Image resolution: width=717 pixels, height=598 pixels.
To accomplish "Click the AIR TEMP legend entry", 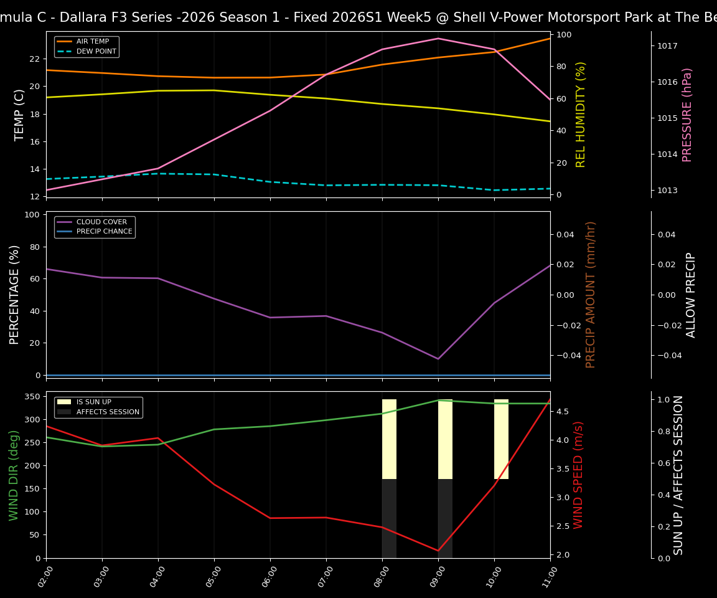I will (x=92, y=42).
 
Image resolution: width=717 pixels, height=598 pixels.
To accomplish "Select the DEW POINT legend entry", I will (x=96, y=52).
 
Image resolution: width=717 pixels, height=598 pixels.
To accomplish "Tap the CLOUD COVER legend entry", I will (x=101, y=222).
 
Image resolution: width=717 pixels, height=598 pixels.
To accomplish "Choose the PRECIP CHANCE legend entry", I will (x=104, y=232).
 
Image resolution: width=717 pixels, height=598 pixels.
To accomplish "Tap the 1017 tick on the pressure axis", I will (x=667, y=46).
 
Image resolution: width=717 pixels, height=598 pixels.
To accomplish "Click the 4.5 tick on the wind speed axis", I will (x=563, y=412).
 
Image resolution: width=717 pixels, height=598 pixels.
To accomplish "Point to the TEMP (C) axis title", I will (x=19, y=115).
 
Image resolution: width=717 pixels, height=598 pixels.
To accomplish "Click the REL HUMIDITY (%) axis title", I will (x=581, y=115).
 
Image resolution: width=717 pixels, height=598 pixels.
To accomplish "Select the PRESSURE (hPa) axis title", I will (x=687, y=115).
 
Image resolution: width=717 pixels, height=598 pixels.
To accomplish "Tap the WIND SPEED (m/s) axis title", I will (x=579, y=475).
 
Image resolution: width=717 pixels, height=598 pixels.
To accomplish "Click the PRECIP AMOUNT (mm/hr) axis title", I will (x=591, y=295).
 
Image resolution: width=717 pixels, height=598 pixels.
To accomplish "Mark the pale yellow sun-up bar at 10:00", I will (x=501, y=439).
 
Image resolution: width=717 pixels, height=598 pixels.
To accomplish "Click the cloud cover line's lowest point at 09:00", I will (x=438, y=359).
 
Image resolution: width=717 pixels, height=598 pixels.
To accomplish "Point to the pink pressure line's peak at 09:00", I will (x=438, y=39).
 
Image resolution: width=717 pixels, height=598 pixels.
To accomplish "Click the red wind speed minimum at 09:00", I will (x=438, y=551).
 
